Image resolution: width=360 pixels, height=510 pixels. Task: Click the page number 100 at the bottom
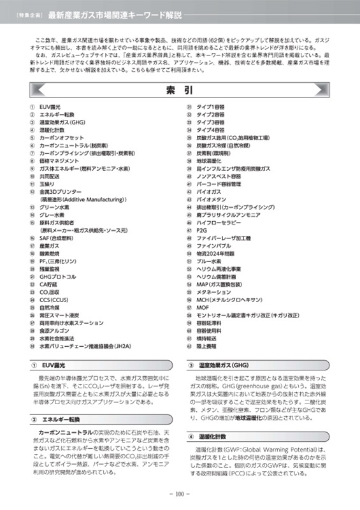point(180,492)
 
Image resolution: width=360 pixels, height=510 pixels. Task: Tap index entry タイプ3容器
point(210,122)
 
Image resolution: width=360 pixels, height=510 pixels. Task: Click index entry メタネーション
point(213,292)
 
